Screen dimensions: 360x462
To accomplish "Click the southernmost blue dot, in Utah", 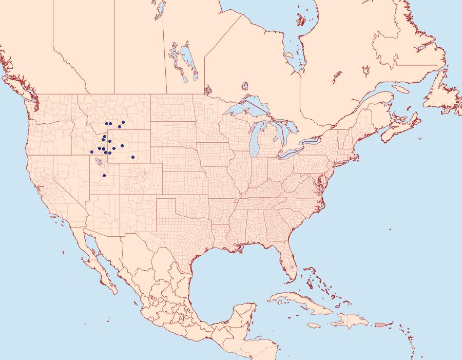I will (x=104, y=176).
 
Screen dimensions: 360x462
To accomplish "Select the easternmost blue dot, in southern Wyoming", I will (x=133, y=157).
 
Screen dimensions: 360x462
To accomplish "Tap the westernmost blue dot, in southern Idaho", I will (x=92, y=151).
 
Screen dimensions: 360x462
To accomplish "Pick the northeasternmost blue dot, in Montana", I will (x=123, y=122).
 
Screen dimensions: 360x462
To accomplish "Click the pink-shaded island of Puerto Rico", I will (x=380, y=324).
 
